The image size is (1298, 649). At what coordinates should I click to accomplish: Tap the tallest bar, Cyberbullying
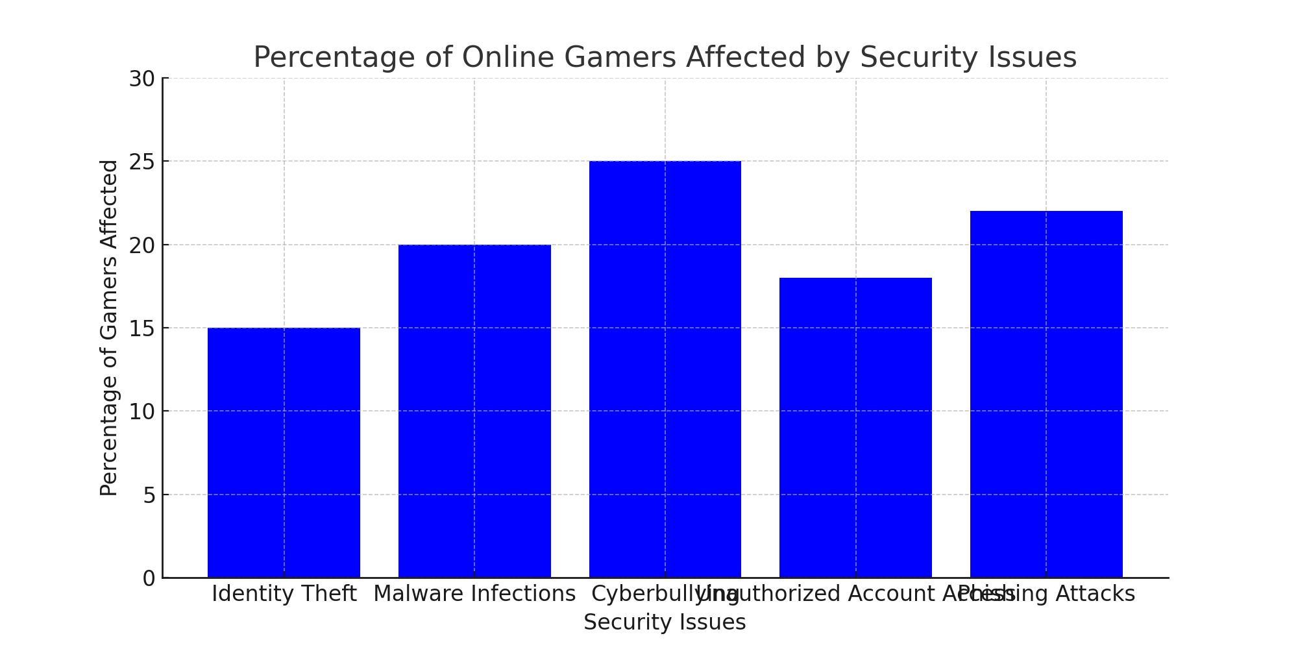[665, 369]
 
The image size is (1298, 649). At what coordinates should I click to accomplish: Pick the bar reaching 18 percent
[855, 428]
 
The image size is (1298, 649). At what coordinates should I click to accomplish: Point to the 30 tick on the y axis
[141, 79]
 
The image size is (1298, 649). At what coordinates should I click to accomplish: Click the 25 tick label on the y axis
[141, 162]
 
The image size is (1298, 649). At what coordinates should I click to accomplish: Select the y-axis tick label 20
[141, 245]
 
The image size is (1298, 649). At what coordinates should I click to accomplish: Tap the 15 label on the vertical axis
[141, 328]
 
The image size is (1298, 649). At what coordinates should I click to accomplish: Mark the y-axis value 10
[141, 411]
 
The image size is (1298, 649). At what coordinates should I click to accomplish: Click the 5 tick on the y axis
[149, 495]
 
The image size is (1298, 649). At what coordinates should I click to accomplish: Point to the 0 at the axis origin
[149, 578]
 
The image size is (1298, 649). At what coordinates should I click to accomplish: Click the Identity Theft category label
[284, 594]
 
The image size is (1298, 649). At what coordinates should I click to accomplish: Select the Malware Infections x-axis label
[474, 594]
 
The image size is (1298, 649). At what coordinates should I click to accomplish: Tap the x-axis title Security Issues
[665, 622]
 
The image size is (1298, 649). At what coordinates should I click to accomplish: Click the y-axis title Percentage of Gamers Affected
[109, 328]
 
